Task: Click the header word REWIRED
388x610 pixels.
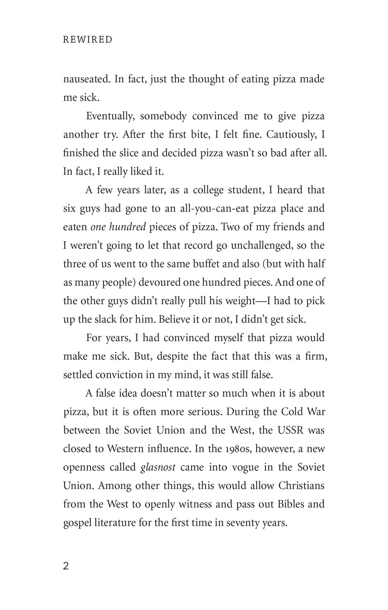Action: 88,40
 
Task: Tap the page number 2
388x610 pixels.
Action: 66,567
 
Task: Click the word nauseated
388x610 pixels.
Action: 86,79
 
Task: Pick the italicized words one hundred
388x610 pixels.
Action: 118,227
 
